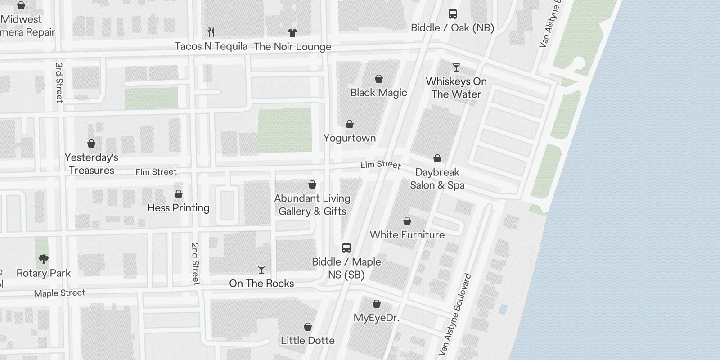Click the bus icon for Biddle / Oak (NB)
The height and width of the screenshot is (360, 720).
pos(453,14)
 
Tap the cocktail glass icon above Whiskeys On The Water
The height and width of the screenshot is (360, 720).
pos(456,67)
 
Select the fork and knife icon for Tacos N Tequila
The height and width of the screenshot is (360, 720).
pos(211,32)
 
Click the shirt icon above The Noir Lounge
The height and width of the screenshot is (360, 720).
pos(292,32)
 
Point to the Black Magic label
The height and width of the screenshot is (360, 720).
pos(379,93)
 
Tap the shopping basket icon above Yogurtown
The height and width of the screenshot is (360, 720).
pos(350,124)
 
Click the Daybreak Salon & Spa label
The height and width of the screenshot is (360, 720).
pos(437,179)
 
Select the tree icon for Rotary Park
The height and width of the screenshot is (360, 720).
pos(44,259)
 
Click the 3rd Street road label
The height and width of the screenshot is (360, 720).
pos(59,82)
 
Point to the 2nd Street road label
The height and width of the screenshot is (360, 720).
pos(195,264)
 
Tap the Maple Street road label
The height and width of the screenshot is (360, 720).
pos(59,293)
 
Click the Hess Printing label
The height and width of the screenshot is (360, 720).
pos(179,208)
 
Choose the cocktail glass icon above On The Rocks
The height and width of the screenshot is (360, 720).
pos(261,270)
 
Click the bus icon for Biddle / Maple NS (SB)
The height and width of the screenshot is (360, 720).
pos(346,248)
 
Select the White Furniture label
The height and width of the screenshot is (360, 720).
pos(407,235)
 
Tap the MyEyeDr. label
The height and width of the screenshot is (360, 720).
pos(377,318)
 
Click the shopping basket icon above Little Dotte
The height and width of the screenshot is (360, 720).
pos(308,327)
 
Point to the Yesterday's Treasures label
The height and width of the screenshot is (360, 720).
pos(91,164)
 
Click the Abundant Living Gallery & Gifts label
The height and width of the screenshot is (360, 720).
pos(312,205)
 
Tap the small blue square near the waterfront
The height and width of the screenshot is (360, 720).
pos(503,309)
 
